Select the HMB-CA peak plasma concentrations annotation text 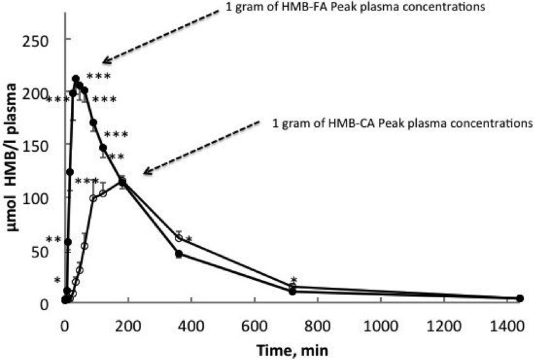[402, 122]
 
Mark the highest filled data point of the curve [76, 79]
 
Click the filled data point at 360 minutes [179, 254]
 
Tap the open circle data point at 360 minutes [179, 238]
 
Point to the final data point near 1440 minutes [520, 298]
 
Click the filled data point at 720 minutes [292, 292]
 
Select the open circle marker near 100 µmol [93, 198]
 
